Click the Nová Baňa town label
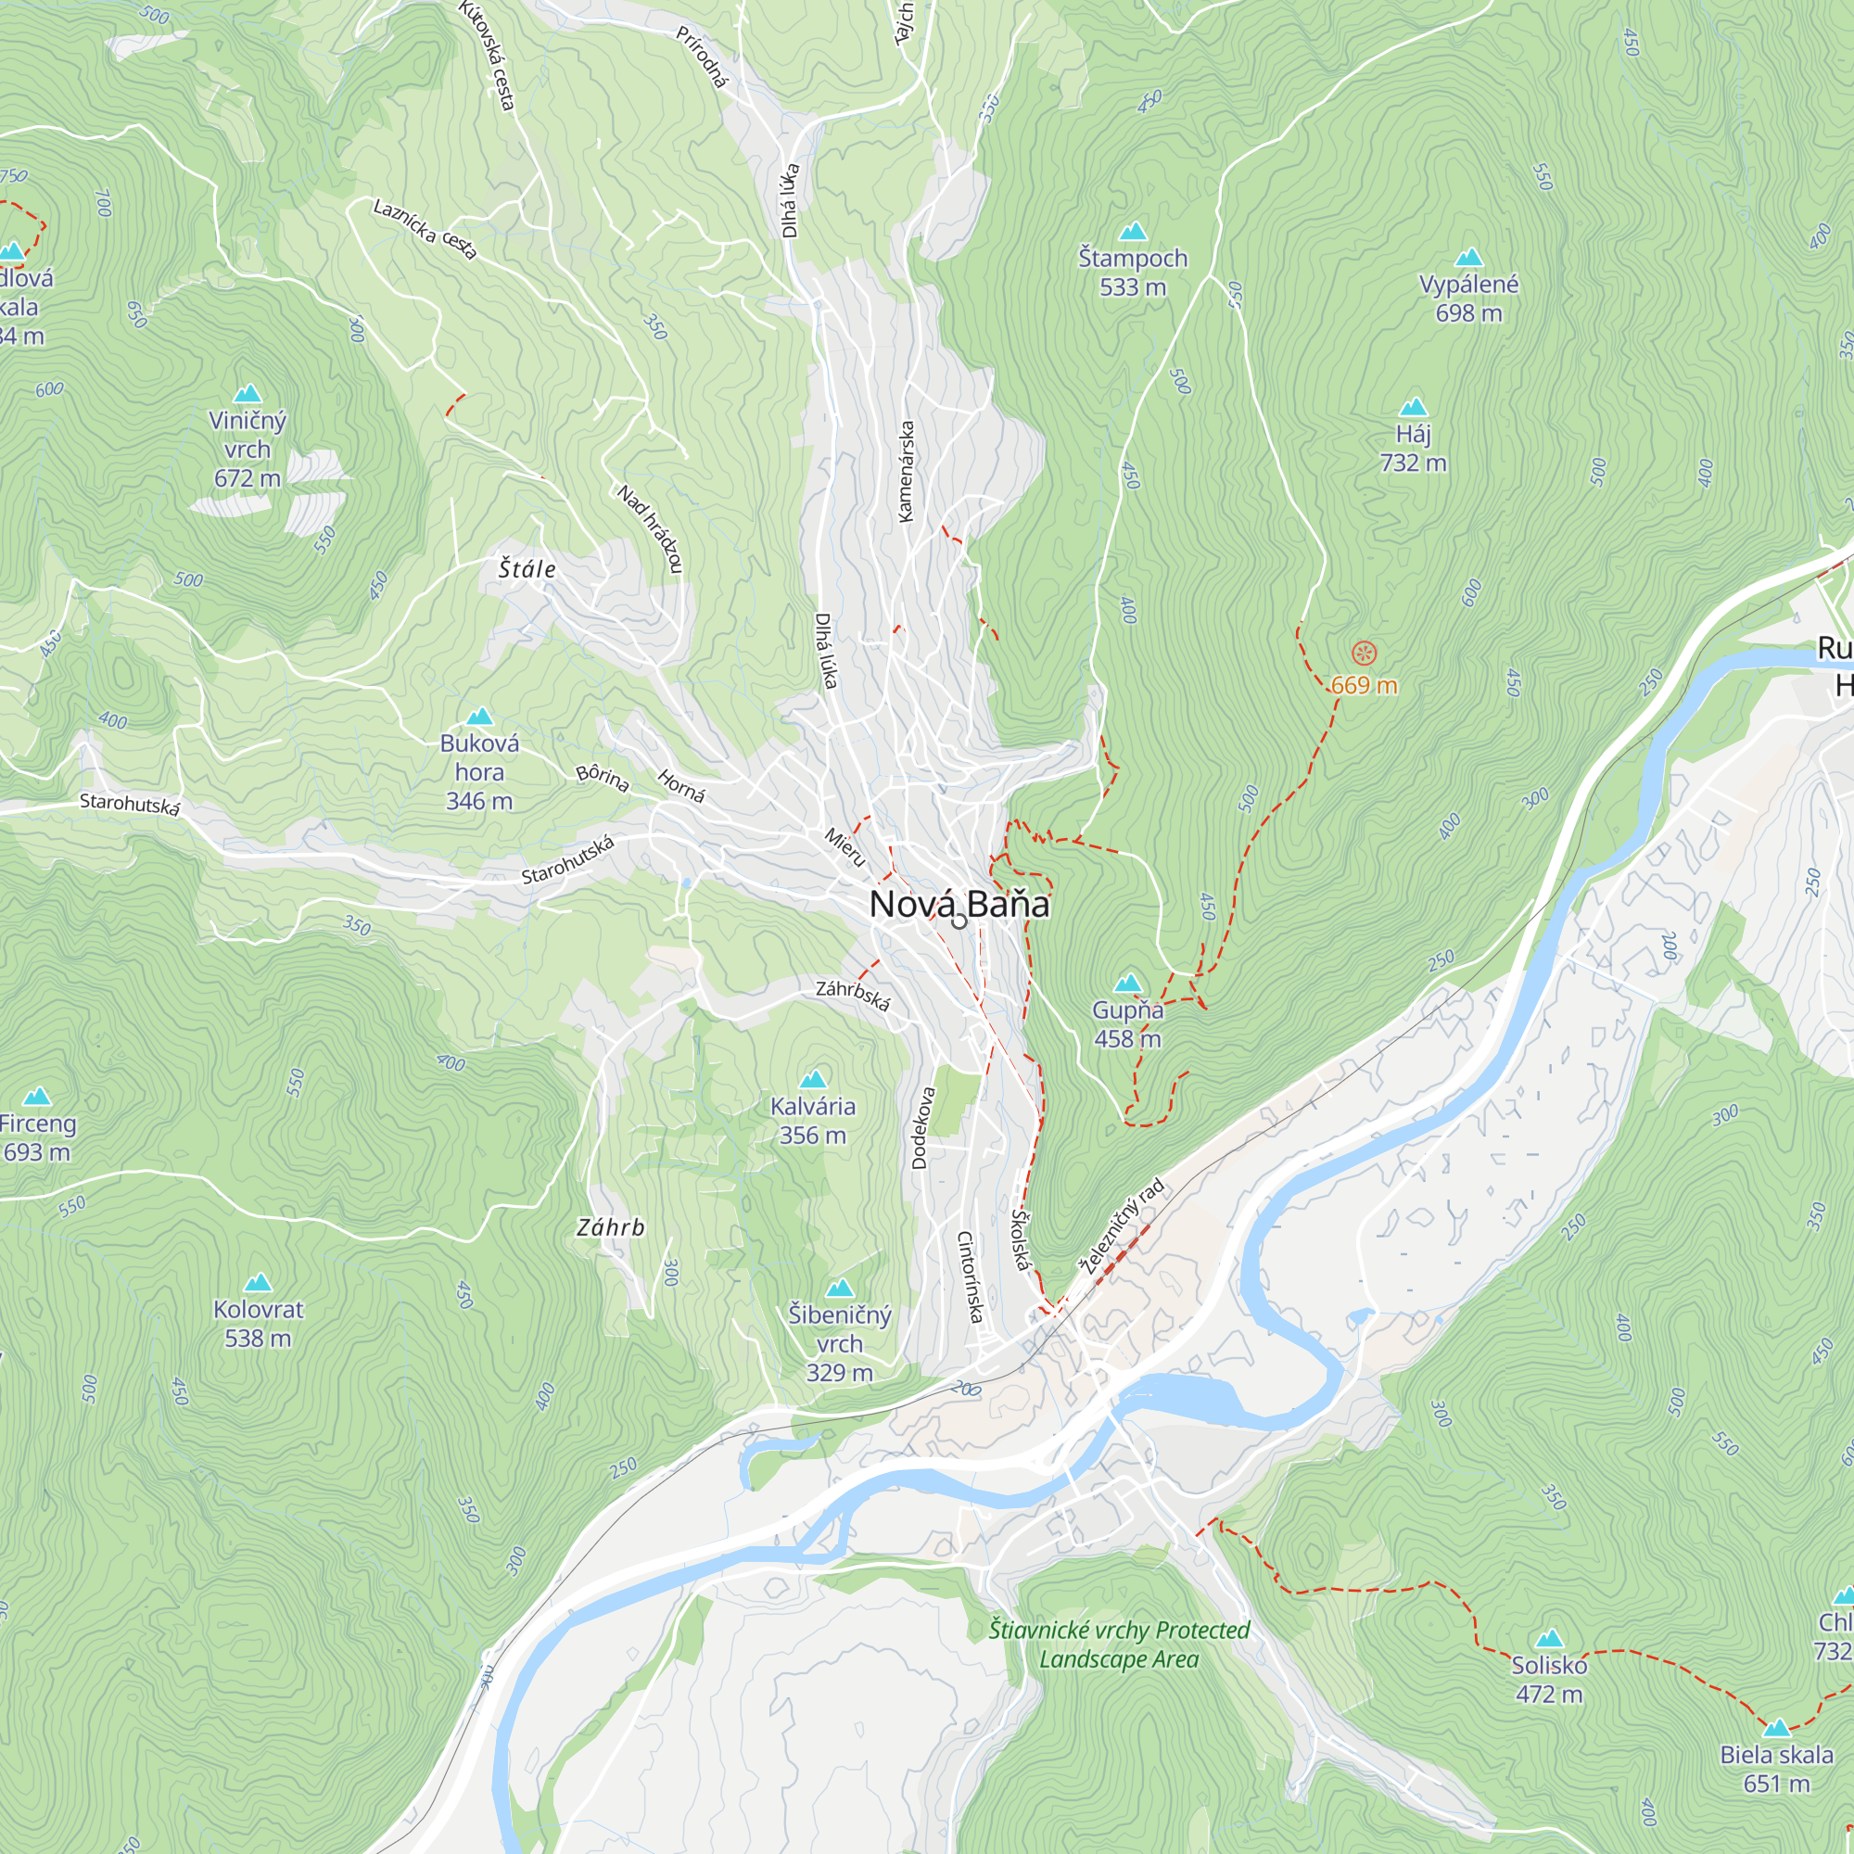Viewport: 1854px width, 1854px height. coord(959,904)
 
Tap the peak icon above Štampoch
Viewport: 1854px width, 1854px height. coord(1134,231)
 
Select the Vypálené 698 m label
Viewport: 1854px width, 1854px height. coord(1468,298)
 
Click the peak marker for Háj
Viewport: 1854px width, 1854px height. coord(1413,407)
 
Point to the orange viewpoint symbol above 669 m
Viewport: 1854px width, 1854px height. coord(1364,654)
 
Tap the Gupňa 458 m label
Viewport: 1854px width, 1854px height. coord(1127,1024)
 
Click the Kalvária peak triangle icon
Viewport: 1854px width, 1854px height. coord(813,1080)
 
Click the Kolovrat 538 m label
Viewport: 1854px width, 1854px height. coord(257,1324)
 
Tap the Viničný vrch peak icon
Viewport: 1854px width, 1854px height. coord(248,393)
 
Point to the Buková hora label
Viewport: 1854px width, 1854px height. coord(479,771)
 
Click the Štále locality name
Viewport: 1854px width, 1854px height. coord(527,569)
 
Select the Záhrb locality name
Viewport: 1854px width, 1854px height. coord(610,1227)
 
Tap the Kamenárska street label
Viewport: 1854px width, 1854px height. coord(905,471)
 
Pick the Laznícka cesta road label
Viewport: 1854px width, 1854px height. coord(425,229)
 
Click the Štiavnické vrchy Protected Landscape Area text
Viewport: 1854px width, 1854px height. coord(1119,1644)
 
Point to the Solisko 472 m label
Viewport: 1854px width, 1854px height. coord(1549,1680)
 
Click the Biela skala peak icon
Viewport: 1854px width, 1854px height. coord(1776,1728)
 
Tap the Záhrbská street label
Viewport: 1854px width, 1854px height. coord(853,995)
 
